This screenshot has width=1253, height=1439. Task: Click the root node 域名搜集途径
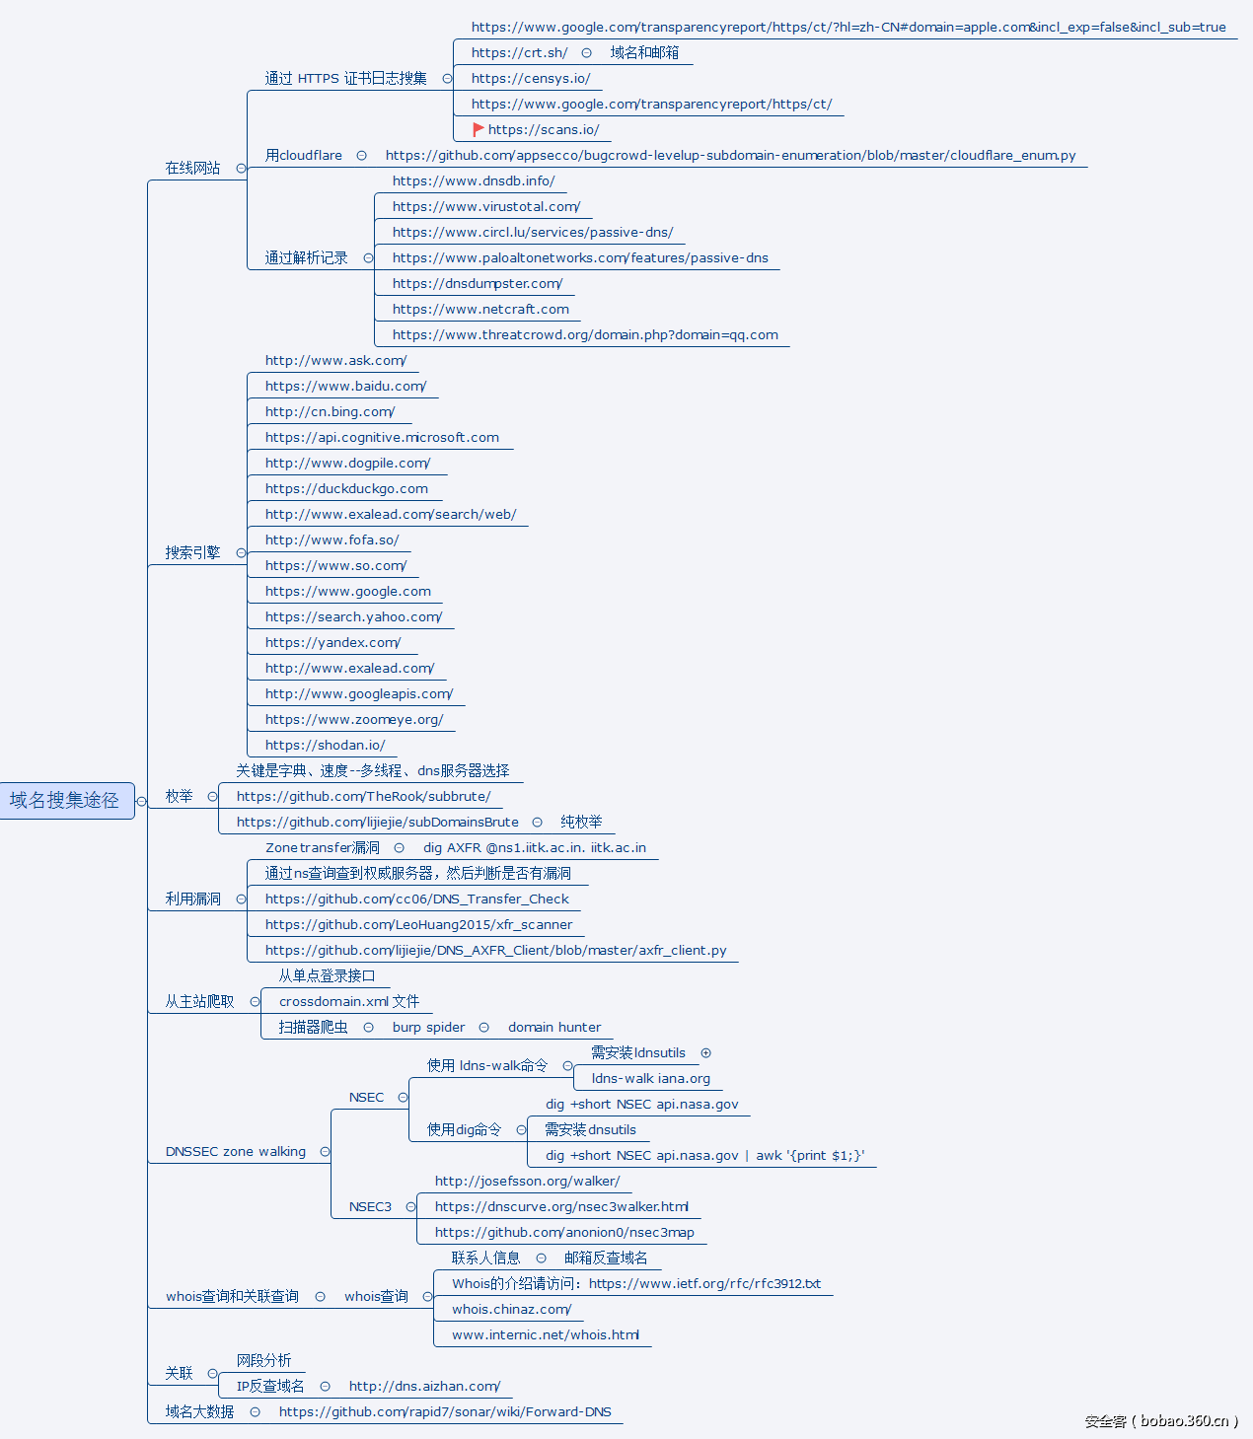65,800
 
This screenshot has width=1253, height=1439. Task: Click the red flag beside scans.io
478,129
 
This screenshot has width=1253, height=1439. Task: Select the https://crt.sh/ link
519,52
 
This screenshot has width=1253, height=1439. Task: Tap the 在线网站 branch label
192,168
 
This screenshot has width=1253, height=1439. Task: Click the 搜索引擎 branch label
192,552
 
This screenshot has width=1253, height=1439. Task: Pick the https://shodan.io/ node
325,745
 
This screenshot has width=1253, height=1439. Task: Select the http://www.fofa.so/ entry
332,540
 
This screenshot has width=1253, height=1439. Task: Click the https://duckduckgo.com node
346,488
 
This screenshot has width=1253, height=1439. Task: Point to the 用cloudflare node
303,155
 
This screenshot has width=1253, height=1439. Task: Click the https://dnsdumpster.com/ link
477,283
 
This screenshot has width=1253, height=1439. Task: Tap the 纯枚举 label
581,822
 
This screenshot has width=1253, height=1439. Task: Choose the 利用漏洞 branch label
192,899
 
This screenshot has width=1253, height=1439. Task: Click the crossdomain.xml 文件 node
348,1001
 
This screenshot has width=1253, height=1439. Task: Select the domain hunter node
553,1027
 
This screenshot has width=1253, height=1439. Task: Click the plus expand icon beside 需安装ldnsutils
705,1052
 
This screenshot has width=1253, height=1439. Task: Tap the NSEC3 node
370,1206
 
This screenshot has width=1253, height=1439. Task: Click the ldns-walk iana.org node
650,1078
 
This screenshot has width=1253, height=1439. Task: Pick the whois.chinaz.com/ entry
511,1309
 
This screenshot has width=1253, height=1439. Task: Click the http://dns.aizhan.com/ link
424,1386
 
